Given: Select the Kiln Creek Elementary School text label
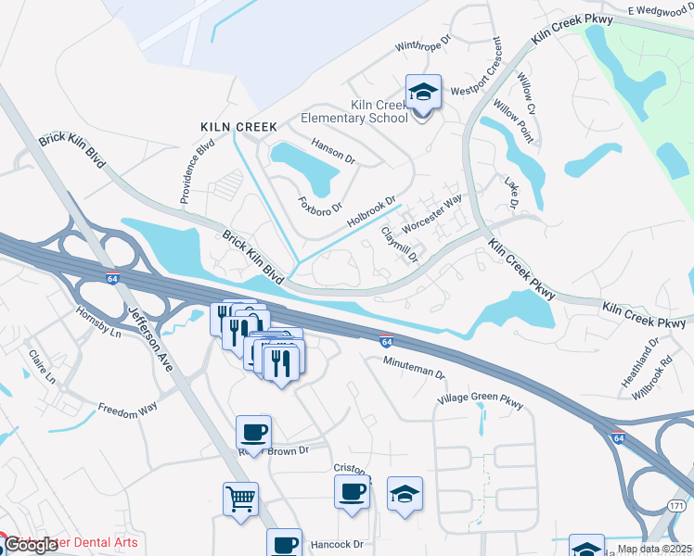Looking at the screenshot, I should [x=353, y=111].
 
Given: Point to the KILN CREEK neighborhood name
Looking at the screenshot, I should [x=238, y=126].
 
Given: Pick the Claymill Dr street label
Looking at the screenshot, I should [x=401, y=245].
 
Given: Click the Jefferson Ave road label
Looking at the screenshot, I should [x=151, y=339].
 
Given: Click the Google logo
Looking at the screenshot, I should [x=31, y=545].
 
